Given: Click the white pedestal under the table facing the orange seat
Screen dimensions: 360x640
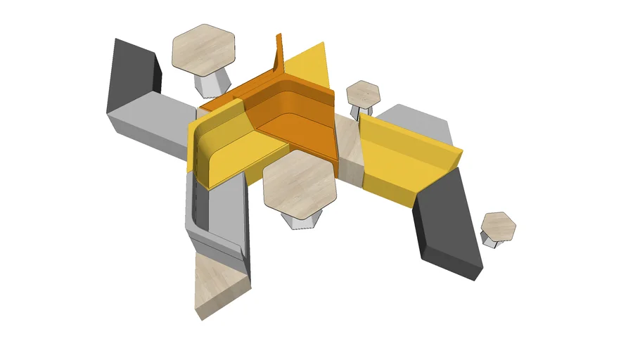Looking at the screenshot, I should [x=298, y=220].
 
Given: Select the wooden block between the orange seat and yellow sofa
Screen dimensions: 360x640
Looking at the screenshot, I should [x=347, y=151].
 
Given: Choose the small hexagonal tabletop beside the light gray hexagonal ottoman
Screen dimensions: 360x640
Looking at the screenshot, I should [x=364, y=93].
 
